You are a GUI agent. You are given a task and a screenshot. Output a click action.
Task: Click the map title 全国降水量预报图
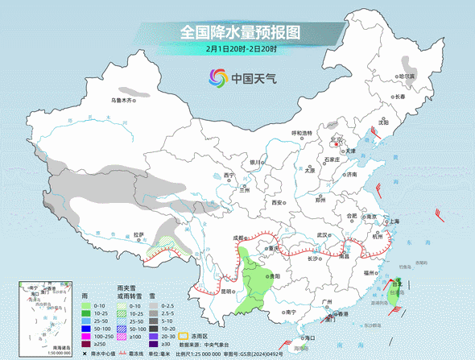(240, 32)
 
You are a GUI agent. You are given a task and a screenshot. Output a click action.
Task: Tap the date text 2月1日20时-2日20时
(240, 50)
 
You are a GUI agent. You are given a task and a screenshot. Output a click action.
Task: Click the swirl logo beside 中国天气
(217, 78)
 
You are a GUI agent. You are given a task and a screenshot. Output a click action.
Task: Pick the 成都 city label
(238, 238)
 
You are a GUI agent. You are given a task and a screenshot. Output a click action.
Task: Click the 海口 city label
(305, 337)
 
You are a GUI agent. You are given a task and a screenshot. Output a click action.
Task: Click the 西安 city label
(279, 203)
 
